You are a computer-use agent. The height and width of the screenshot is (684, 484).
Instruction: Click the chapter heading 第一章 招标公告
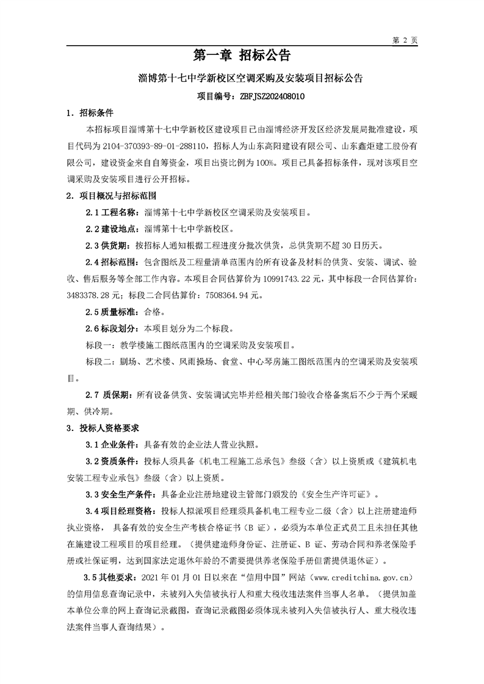(x=242, y=56)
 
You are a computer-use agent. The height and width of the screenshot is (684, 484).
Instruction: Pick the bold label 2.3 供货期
(x=108, y=246)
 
